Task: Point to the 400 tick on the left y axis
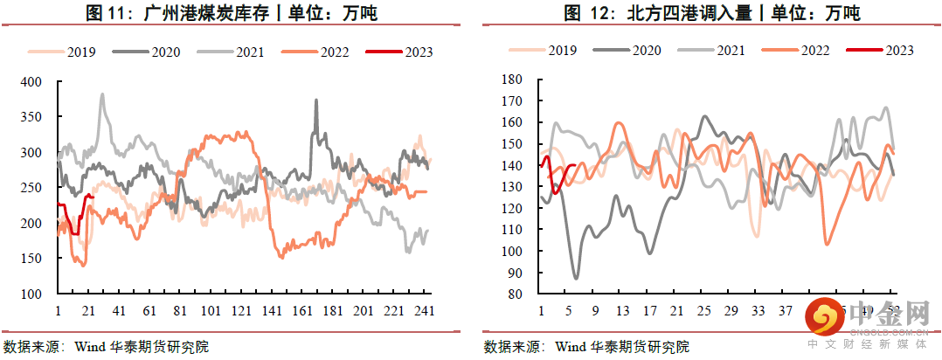[31, 82]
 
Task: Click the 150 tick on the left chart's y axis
[31, 260]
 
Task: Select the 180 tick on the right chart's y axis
[509, 80]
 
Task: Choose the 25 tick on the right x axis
[704, 311]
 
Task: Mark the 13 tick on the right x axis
[622, 311]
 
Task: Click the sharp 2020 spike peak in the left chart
[315, 100]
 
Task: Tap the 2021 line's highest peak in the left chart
[102, 94]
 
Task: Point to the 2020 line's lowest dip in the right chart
[576, 279]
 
